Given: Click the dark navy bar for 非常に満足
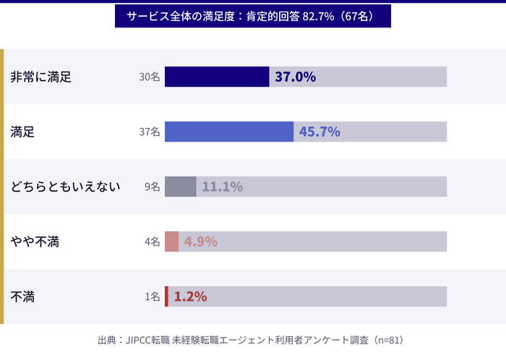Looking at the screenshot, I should pyautogui.click(x=217, y=77).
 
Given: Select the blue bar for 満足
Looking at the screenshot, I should pyautogui.click(x=229, y=132).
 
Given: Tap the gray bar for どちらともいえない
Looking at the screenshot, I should pyautogui.click(x=181, y=187).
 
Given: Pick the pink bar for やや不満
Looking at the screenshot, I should pyautogui.click(x=171, y=241).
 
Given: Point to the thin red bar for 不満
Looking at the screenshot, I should pyautogui.click(x=166, y=296).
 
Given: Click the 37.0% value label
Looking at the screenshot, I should pyautogui.click(x=295, y=77).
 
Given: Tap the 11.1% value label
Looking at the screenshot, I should pyautogui.click(x=222, y=187).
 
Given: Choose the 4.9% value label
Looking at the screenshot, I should pyautogui.click(x=200, y=241).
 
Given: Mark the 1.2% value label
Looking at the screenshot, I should pyautogui.click(x=190, y=296).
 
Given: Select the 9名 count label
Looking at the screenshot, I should pyautogui.click(x=152, y=187).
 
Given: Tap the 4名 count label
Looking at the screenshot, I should pyautogui.click(x=152, y=241).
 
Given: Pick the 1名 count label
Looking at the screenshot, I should pyautogui.click(x=152, y=296).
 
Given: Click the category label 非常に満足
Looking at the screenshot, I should pyautogui.click(x=40, y=77).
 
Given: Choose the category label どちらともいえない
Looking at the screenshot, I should pyautogui.click(x=65, y=187).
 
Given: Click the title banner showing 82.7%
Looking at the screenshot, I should pyautogui.click(x=252, y=16).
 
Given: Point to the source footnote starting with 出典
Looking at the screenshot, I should pyautogui.click(x=253, y=340).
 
